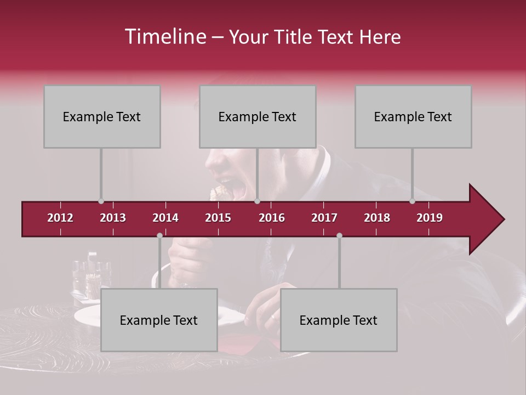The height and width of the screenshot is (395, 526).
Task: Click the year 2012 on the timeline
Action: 60,218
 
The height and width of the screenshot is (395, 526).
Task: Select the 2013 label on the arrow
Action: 113,218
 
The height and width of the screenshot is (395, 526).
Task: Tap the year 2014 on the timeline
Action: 165,218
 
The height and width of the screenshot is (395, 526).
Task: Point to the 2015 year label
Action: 218,218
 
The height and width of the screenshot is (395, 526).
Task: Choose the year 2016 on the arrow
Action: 272,218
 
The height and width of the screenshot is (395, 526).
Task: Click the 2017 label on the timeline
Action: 324,218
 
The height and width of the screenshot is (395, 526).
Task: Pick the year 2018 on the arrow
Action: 377,218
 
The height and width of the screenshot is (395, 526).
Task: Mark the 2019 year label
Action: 430,218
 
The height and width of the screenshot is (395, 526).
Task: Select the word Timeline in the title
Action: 165,37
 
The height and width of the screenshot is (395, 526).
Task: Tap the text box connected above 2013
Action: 102,116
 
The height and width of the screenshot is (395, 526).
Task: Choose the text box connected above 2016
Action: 258,116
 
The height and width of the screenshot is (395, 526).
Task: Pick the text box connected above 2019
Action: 413,116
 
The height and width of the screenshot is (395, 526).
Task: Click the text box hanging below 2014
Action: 159,320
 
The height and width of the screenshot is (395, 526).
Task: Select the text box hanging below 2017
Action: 339,320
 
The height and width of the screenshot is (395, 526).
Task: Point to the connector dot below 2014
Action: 159,236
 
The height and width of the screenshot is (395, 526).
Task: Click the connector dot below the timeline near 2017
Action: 339,236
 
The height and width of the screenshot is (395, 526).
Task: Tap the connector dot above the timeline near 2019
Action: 413,201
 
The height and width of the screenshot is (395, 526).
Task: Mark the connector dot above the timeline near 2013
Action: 101,201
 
